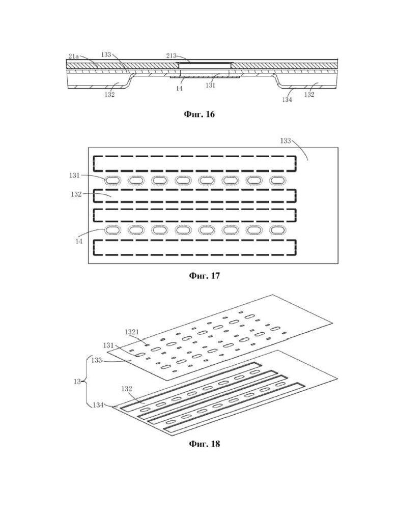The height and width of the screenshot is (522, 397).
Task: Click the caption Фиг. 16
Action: pos(199,114)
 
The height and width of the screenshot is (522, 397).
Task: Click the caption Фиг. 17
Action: pos(204,276)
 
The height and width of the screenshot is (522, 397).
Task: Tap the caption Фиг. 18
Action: pos(204,444)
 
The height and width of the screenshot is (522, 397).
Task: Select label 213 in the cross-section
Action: pos(171,55)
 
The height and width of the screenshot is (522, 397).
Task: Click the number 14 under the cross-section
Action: pos(179,89)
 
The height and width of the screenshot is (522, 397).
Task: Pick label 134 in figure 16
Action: pos(287,99)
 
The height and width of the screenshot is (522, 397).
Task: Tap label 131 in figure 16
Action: pos(210,85)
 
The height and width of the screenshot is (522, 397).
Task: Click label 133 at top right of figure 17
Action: pos(285,141)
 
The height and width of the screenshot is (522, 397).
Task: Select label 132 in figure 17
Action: pos(76,194)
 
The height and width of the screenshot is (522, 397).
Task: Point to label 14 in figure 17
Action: pos(78,242)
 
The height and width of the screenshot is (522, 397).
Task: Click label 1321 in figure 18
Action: pos(132,332)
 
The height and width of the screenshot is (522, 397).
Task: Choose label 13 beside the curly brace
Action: pos(77,382)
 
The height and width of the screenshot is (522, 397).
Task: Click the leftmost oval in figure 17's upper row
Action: pos(112,180)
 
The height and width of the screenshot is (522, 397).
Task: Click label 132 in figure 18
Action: pos(127,389)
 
